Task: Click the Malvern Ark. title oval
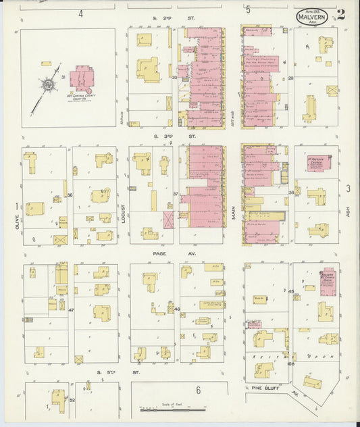point(311,18)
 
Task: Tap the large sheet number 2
point(341,16)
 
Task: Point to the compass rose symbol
point(49,86)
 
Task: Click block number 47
point(70,310)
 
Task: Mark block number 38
point(291,193)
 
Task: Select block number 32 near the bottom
point(72,400)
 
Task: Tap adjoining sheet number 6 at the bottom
point(199,390)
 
